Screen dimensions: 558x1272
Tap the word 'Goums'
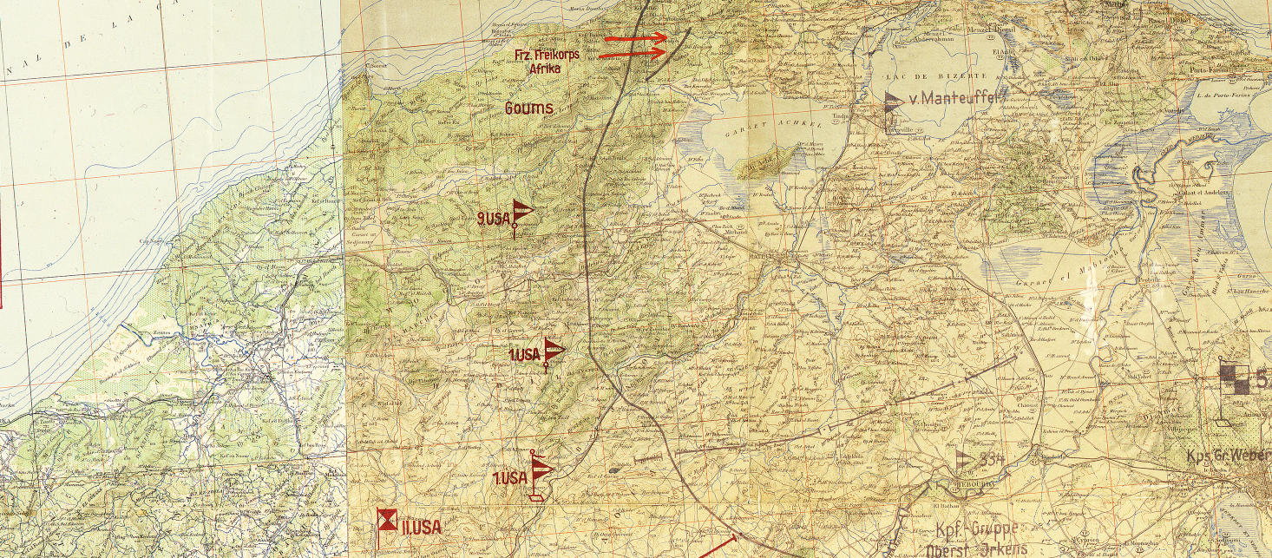[529, 108]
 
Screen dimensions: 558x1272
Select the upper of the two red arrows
[636, 38]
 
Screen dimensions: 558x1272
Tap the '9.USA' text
[494, 220]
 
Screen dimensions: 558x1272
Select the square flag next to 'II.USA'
[386, 521]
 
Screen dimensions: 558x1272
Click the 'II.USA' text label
[421, 527]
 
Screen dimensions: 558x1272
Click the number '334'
[992, 459]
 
